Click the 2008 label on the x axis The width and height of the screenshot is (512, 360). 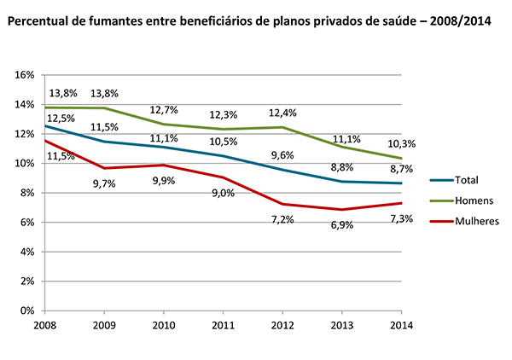click(45, 325)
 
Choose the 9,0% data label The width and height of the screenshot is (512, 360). click(224, 192)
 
